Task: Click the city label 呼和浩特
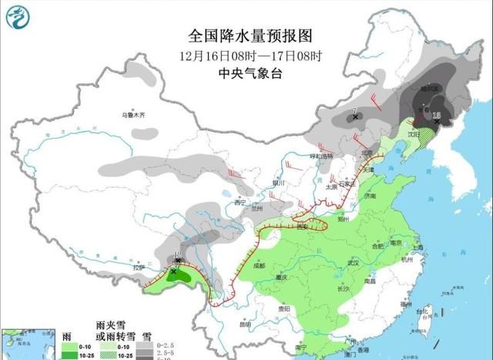(x=321, y=156)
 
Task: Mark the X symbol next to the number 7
(x=355, y=117)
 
